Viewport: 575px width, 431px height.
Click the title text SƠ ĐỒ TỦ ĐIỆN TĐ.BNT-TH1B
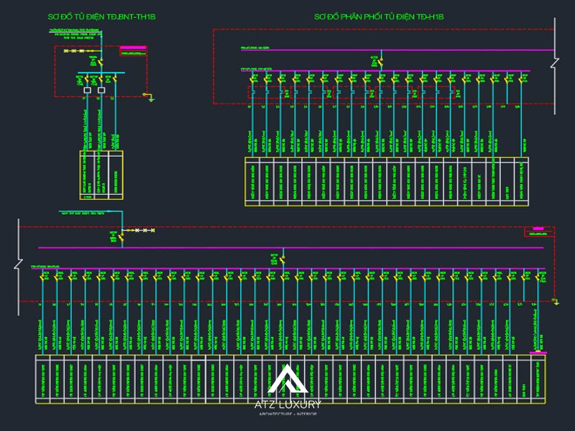101,16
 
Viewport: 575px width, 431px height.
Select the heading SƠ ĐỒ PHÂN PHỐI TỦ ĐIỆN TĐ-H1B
379,16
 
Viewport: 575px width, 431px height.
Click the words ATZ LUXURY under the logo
287,404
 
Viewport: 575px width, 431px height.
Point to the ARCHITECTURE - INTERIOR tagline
287,414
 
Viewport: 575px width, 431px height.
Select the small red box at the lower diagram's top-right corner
539,231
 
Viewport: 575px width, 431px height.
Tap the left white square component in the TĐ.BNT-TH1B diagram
88,90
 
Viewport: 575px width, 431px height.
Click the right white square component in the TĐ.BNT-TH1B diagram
101,90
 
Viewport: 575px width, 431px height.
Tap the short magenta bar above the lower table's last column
537,353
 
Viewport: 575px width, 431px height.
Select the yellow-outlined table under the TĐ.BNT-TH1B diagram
101,175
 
